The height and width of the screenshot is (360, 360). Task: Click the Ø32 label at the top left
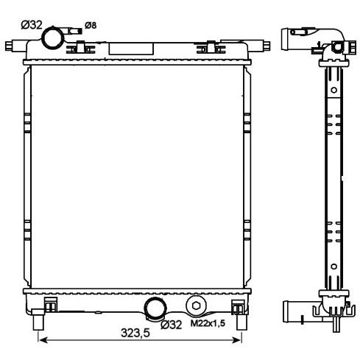(x=32, y=25)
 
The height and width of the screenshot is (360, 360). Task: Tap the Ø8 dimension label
(x=91, y=25)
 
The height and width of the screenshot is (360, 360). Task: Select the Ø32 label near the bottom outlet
(x=172, y=325)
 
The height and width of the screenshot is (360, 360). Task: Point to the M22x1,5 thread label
(x=208, y=323)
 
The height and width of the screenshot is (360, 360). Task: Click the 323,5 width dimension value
(x=135, y=333)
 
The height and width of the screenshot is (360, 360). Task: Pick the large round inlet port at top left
(x=53, y=38)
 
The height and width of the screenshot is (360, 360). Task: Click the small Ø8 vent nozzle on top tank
(x=74, y=31)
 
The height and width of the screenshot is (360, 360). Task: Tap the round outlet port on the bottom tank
(x=155, y=308)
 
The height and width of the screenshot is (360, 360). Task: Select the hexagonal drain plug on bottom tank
(x=196, y=306)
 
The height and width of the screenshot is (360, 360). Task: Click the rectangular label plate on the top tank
(x=131, y=49)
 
